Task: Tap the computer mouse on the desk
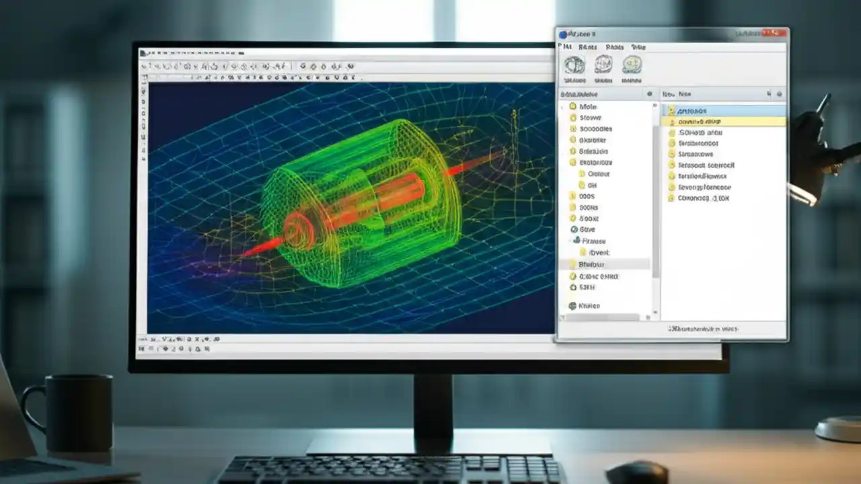(x=636, y=472)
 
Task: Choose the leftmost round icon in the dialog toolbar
(x=574, y=65)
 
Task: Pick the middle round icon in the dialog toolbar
(x=603, y=65)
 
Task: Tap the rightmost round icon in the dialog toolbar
(x=632, y=65)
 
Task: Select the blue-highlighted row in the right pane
(x=723, y=110)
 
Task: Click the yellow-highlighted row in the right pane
(x=723, y=122)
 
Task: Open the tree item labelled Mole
(x=587, y=107)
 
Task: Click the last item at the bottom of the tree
(x=587, y=306)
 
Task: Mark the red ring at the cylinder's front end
(x=298, y=229)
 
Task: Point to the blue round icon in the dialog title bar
(x=563, y=34)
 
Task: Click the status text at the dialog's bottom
(x=703, y=329)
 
